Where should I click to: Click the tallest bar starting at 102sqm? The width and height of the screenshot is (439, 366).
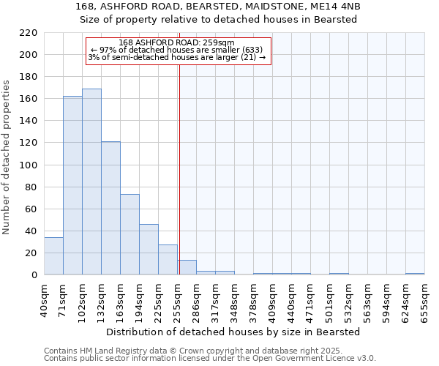[x=91, y=182]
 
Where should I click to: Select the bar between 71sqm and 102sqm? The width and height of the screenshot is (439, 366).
[x=72, y=185]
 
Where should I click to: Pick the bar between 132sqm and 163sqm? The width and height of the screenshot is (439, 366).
[x=110, y=208]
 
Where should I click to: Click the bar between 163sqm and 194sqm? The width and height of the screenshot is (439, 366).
[x=130, y=234]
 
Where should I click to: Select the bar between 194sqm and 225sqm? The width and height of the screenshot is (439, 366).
[x=149, y=250]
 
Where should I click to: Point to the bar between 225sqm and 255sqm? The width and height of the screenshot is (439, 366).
[x=168, y=260]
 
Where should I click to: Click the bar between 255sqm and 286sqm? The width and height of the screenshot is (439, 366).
[x=187, y=267]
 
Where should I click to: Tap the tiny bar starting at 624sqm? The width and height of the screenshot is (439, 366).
[x=415, y=274]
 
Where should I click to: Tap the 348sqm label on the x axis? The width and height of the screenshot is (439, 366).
[x=234, y=299]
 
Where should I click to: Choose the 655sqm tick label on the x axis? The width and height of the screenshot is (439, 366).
[x=424, y=299]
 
